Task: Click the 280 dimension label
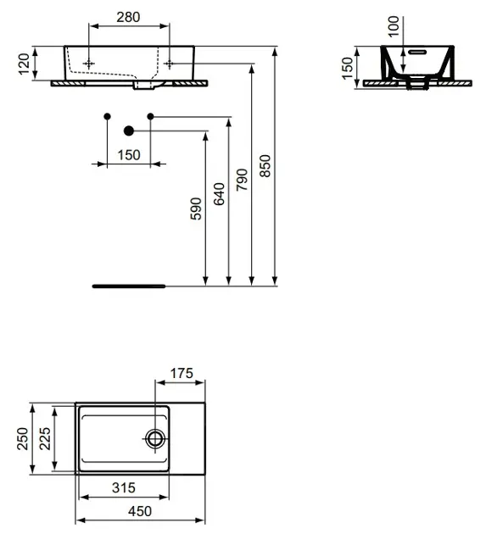point(128,17)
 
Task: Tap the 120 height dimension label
point(24,64)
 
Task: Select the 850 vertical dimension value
point(265,166)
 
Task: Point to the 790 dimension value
point(242,180)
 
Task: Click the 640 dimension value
point(219,194)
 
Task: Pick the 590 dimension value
point(196,209)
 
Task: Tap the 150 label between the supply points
point(129,155)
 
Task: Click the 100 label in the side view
point(394,26)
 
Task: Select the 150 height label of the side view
point(347,69)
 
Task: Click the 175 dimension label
point(182,373)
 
